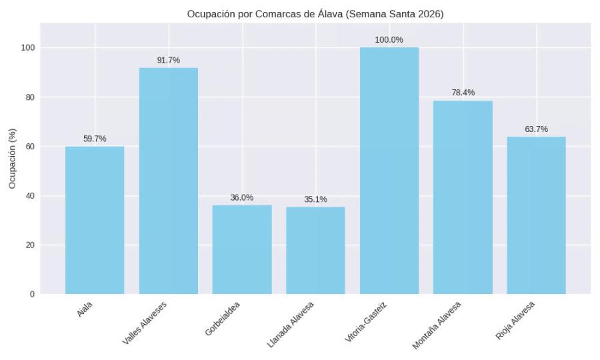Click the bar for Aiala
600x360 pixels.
click(95, 220)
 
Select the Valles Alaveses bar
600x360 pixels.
click(168, 181)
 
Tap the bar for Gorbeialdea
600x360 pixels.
click(242, 249)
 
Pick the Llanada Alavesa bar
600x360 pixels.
click(315, 251)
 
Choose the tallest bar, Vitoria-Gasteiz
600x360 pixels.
click(389, 171)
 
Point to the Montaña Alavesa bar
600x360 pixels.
click(463, 197)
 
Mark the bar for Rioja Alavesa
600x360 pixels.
click(536, 215)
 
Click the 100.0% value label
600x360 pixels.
click(389, 40)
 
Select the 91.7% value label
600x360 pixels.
click(168, 60)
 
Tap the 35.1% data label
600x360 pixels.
click(315, 199)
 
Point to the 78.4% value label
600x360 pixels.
click(463, 93)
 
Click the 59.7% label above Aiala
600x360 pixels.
click(95, 139)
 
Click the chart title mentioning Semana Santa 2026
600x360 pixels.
click(315, 14)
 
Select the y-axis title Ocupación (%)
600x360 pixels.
click(12, 159)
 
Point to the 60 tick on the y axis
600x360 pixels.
click(29, 147)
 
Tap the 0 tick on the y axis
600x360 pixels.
click(32, 294)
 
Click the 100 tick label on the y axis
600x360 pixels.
click(27, 48)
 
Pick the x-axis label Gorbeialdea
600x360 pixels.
click(223, 319)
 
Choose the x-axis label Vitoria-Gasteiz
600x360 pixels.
click(366, 323)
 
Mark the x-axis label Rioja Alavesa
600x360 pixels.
click(515, 321)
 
